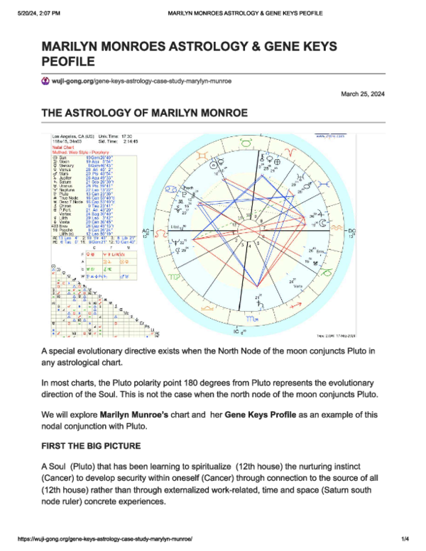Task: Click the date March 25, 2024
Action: [x=362, y=94]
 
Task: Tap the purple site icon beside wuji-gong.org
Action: [x=46, y=82]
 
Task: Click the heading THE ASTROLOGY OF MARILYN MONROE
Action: [x=144, y=114]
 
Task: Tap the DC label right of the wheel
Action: [x=350, y=231]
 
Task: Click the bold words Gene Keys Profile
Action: [x=254, y=414]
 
